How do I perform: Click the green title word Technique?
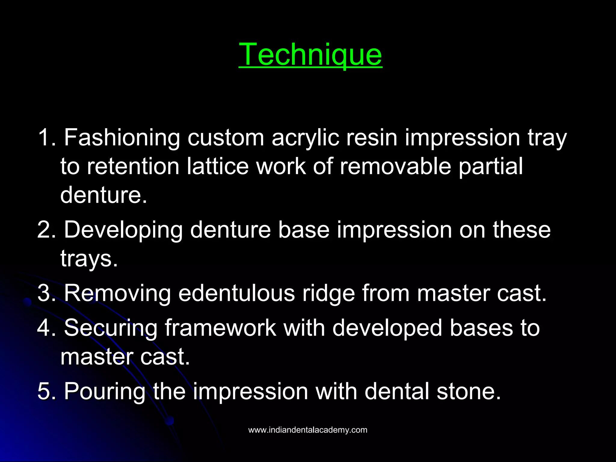coord(310,54)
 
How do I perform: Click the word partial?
coord(491,166)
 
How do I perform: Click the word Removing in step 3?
coord(117,293)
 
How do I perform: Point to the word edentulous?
coord(236,293)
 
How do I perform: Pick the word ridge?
coord(328,294)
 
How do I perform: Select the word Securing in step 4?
coord(111,328)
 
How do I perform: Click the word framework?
coord(220,328)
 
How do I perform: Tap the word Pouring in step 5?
coord(104,392)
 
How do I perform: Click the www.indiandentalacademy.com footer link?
coord(308,430)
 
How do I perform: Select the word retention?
coord(133,166)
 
